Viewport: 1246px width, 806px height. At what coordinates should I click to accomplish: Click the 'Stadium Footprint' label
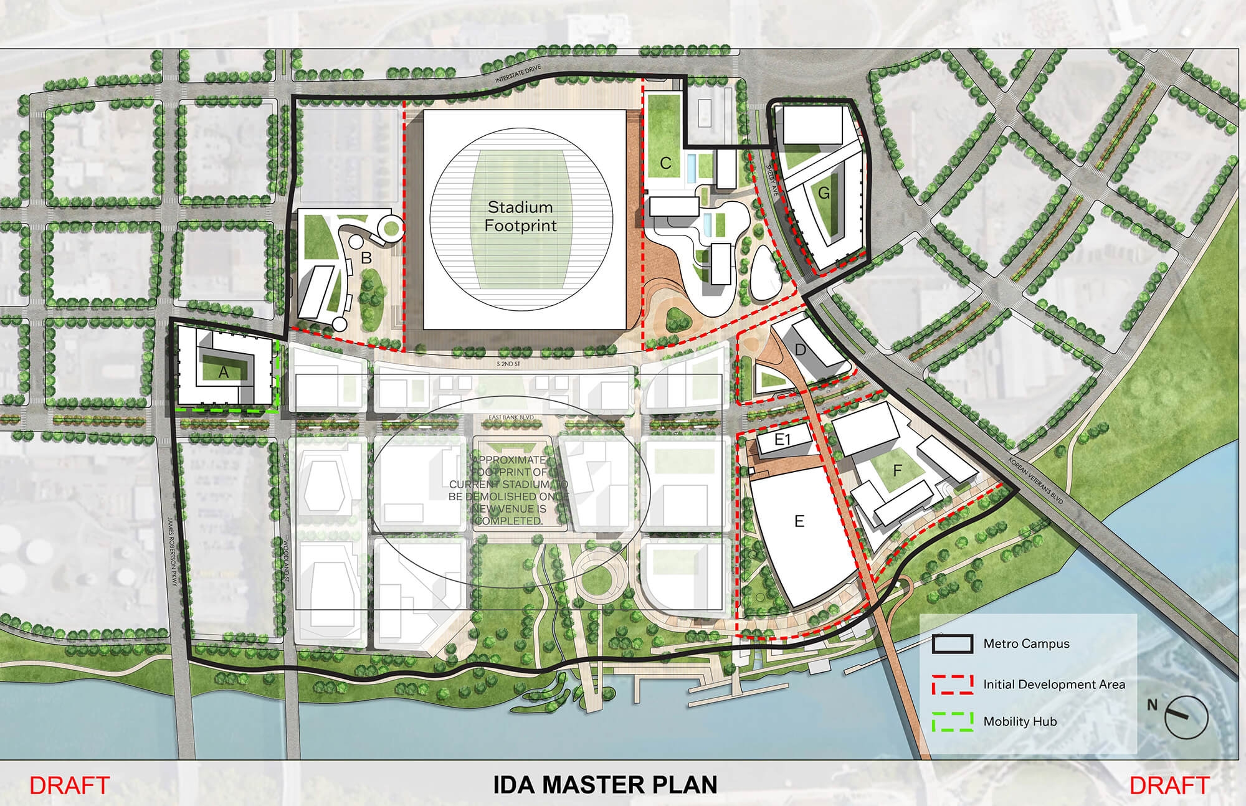point(520,216)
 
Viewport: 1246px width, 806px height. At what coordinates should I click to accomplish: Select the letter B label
point(366,257)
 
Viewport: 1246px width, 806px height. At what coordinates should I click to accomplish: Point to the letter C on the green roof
point(665,164)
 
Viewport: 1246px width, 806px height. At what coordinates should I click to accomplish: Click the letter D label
point(801,350)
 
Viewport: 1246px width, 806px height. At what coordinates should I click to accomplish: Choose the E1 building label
point(782,440)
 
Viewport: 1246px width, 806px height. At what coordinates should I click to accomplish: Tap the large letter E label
point(799,521)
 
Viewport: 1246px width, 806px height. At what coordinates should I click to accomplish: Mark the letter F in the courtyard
point(897,471)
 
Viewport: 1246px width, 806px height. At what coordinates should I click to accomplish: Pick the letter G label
point(824,194)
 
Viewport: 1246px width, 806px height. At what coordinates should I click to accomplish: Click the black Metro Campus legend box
point(952,644)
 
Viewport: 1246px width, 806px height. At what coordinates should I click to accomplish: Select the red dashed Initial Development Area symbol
point(952,684)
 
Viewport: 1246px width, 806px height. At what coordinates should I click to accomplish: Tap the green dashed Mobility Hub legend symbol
point(952,721)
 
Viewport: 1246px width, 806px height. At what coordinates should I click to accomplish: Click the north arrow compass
point(1185,716)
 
